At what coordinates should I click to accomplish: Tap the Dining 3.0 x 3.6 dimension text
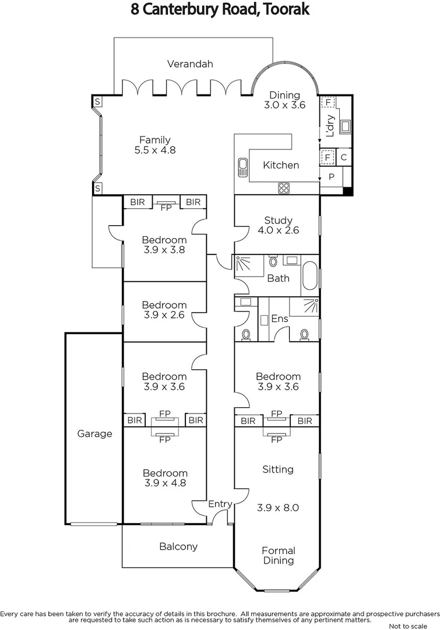point(284,106)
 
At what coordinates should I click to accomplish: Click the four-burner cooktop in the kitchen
point(284,188)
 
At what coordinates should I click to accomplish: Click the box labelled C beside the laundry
point(344,157)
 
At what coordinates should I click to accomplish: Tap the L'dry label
point(330,125)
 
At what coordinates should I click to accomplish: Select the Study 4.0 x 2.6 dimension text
point(278,230)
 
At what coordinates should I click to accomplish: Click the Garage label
point(94,433)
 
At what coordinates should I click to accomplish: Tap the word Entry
point(220,504)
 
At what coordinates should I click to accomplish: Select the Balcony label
point(178,547)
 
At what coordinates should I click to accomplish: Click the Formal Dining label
point(278,555)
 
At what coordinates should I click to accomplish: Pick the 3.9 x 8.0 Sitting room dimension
point(278,508)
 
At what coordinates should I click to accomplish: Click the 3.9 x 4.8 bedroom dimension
point(165,483)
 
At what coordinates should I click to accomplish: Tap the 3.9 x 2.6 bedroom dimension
point(164,315)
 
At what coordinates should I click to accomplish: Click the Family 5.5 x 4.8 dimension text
point(155,150)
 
